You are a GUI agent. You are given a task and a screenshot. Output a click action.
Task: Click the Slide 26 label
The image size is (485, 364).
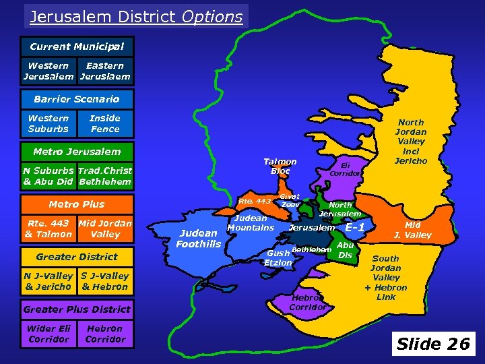click(433, 344)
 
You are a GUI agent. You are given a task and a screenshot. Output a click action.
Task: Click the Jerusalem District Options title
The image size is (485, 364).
click(136, 16)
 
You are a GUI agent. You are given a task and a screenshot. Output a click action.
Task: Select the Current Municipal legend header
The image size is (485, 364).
click(77, 47)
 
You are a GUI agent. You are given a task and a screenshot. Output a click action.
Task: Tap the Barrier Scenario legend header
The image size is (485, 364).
click(77, 99)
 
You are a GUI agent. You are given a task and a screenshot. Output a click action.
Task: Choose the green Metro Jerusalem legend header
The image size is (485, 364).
click(77, 152)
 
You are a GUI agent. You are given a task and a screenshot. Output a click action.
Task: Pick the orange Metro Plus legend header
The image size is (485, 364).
click(77, 204)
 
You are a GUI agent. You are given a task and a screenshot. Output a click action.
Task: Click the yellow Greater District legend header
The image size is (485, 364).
click(77, 257)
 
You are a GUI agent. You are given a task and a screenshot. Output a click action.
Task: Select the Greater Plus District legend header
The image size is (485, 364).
click(77, 309)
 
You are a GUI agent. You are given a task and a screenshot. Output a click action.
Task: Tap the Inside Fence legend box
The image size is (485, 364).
click(105, 123)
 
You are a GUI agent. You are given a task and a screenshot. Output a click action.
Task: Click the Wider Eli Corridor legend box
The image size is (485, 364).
click(48, 334)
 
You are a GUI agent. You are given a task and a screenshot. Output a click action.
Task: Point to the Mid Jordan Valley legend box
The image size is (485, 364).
click(105, 229)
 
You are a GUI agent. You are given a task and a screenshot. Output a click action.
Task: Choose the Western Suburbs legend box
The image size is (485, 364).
click(48, 123)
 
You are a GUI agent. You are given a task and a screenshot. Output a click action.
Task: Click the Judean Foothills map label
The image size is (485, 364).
click(199, 239)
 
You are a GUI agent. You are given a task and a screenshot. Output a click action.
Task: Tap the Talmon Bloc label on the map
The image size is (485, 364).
click(280, 166)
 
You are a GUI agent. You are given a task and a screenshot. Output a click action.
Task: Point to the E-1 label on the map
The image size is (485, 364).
click(355, 228)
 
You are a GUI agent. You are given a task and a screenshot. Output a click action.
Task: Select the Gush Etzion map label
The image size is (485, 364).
click(278, 257)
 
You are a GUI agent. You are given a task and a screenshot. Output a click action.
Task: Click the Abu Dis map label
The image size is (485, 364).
click(346, 250)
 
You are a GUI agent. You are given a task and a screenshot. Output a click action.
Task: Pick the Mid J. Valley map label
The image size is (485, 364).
click(413, 230)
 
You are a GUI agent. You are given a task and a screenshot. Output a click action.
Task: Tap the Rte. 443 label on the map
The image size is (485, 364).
click(255, 201)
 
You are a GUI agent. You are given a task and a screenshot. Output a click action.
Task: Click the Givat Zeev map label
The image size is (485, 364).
click(290, 200)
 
